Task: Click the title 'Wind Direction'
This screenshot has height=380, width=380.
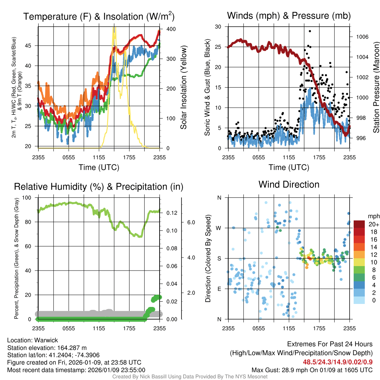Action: (x=289, y=184)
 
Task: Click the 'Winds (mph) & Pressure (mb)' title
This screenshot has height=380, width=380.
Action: (x=289, y=16)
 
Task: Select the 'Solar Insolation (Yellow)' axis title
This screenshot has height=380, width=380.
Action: (x=183, y=88)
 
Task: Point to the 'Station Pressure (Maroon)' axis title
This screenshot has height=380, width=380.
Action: (x=376, y=88)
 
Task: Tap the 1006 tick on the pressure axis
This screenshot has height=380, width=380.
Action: (x=362, y=37)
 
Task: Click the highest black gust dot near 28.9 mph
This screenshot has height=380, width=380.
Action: (x=309, y=31)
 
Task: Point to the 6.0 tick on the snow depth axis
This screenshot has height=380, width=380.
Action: (x=190, y=222)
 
